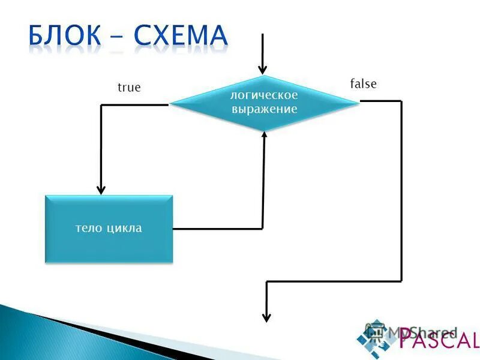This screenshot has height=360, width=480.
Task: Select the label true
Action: point(129,88)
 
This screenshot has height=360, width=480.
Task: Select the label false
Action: point(363,84)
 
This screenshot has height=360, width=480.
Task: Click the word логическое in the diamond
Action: point(265,95)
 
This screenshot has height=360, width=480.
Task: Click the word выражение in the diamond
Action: point(265,109)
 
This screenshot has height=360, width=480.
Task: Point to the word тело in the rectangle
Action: point(89,228)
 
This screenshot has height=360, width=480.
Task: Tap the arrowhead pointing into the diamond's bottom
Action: point(264,135)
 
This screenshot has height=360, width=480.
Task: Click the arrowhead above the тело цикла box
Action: point(101,188)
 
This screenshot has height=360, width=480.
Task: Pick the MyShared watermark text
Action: point(423,332)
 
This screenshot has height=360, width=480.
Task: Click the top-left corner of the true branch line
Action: point(101,106)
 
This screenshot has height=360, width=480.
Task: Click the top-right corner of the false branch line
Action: point(401,101)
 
